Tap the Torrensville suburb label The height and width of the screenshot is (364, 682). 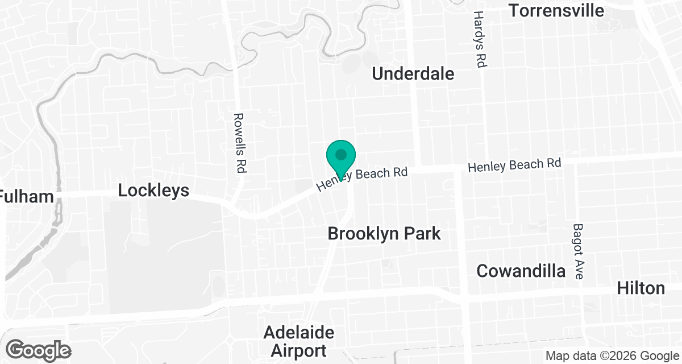(556, 10)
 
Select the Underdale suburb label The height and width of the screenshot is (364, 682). (413, 73)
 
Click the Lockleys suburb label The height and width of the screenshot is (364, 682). (153, 191)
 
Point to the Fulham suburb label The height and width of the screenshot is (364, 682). (27, 197)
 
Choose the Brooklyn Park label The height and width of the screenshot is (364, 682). (384, 233)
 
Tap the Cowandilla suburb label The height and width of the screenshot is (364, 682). (521, 271)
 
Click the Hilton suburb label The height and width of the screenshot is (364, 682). (641, 288)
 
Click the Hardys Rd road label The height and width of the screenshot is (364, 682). (479, 40)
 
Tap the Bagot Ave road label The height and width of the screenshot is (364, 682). (578, 251)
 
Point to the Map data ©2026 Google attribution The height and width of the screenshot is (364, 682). (612, 356)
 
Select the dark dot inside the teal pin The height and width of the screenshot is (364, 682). (341, 154)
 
